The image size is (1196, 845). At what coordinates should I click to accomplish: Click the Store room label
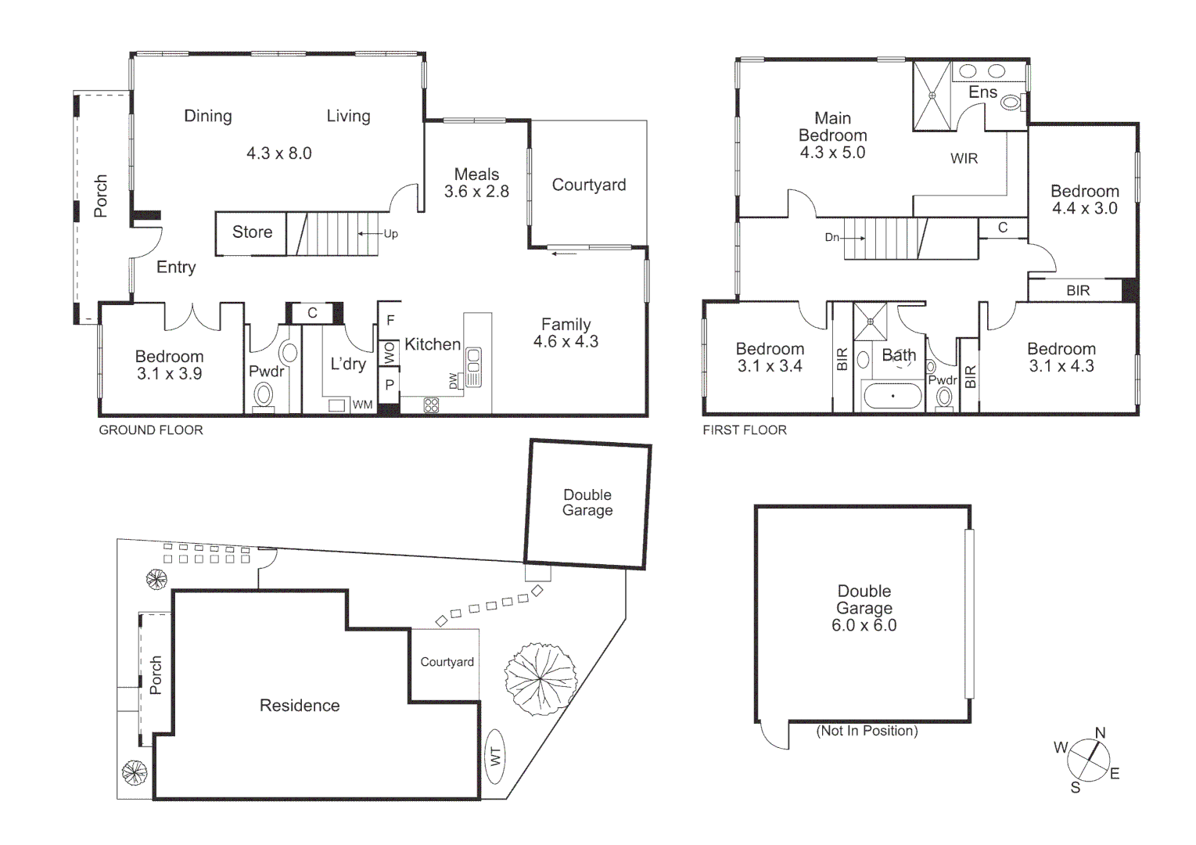coord(252,232)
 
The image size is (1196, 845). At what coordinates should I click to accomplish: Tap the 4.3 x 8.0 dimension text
coord(279,153)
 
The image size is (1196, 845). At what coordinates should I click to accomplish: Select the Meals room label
coord(476,174)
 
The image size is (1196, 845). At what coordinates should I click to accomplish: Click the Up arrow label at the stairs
coord(390,234)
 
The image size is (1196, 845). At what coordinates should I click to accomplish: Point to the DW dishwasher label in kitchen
coord(454,380)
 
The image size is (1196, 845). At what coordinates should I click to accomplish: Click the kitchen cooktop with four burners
coord(431,405)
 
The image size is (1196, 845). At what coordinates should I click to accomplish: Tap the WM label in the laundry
coord(362,405)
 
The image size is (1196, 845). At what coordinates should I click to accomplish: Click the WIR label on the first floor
coord(964,159)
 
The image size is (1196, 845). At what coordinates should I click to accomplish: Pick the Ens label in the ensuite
coord(982,92)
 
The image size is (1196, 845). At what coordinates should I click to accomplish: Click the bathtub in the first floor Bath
coord(893,396)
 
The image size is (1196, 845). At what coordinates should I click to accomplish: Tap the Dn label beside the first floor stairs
coord(832,237)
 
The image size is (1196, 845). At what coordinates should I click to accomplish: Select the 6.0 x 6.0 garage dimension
coord(864,625)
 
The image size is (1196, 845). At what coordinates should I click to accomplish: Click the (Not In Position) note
coord(867,731)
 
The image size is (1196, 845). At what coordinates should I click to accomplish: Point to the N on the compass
coord(1100,733)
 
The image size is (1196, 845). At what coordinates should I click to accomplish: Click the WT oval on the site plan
coord(495,757)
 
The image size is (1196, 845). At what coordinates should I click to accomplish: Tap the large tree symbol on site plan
coord(541,678)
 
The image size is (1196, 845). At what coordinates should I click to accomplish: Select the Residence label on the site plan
coord(300,706)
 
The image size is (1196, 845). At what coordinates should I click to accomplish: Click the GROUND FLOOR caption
coord(151,430)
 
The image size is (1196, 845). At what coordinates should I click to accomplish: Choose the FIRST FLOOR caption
coord(745,430)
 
